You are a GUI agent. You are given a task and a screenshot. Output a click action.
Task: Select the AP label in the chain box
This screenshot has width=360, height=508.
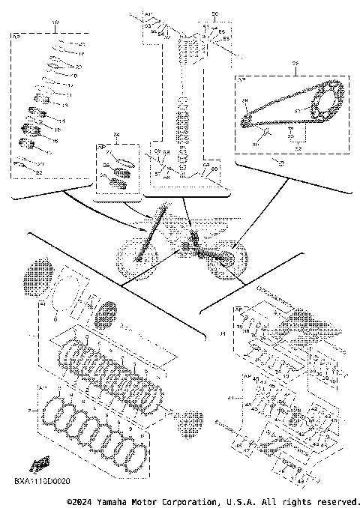coord(241,78)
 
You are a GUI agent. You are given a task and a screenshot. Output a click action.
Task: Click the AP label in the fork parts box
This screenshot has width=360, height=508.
coord(18,35)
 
